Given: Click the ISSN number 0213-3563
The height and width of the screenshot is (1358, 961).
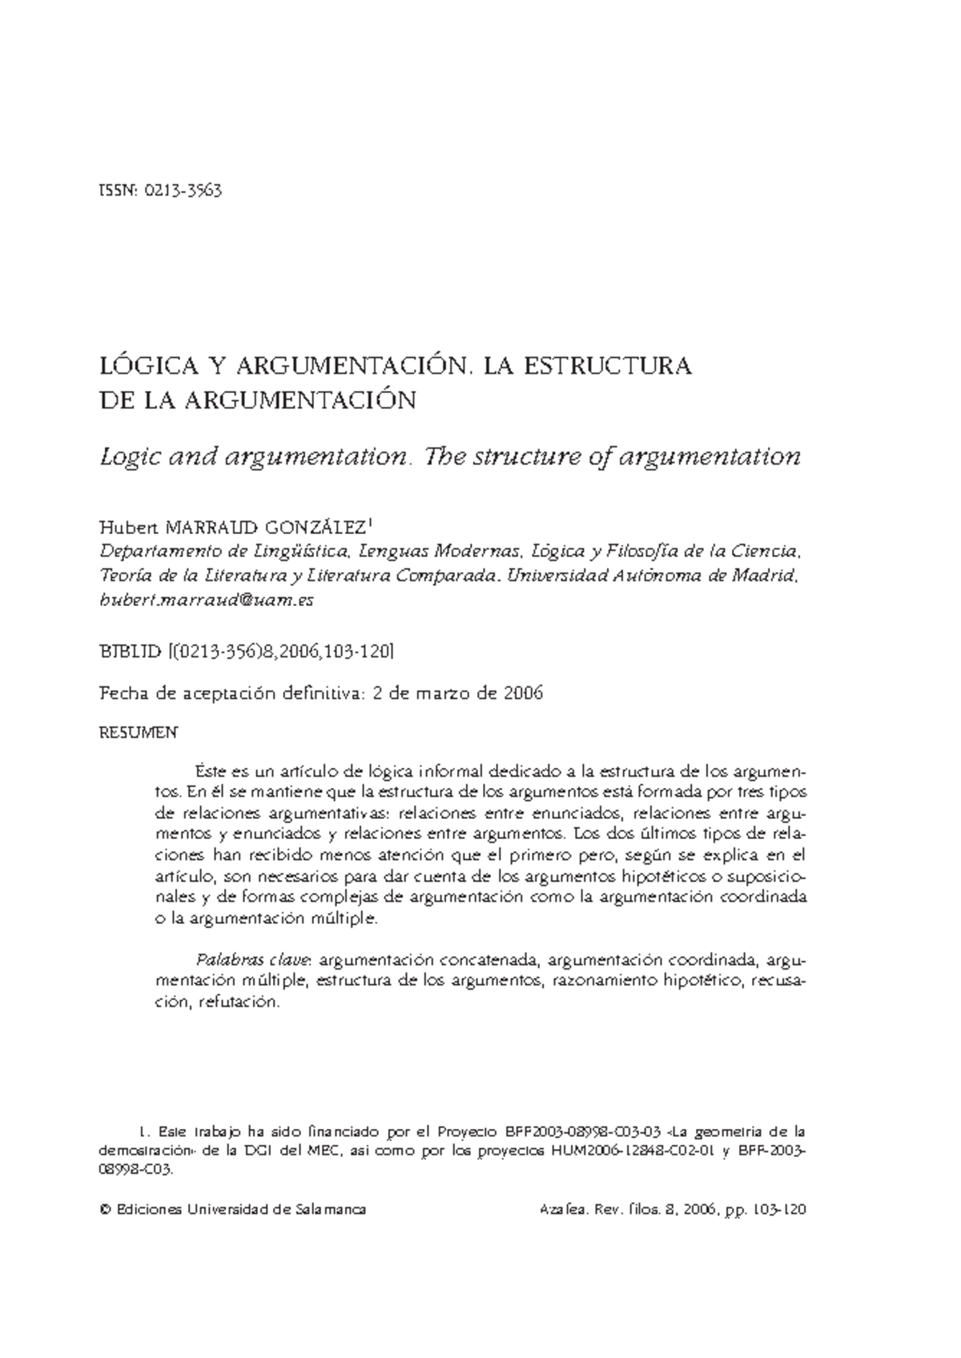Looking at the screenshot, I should (x=183, y=191).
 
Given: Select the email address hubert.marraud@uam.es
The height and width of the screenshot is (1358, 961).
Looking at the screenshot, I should (x=206, y=600).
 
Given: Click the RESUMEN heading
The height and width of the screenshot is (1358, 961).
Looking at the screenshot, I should (x=137, y=733).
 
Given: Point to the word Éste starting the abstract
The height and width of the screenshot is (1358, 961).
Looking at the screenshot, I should (x=211, y=772).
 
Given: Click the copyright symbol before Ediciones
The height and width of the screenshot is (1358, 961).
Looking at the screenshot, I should (x=103, y=1210).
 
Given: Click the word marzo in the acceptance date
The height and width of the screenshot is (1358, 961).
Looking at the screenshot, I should (x=444, y=693).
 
